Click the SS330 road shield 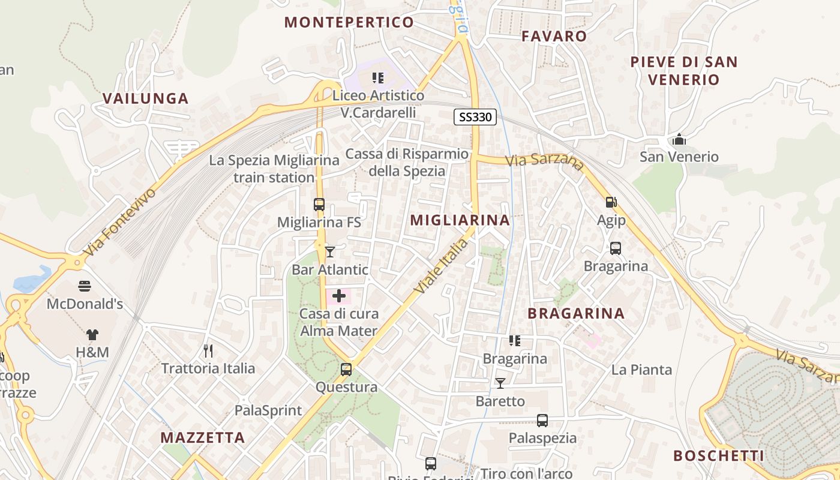point(475,117)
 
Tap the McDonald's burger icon point(85,286)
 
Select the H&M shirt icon point(92,334)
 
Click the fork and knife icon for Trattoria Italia point(208,350)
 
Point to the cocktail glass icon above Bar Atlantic point(329,251)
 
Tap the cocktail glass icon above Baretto point(500,383)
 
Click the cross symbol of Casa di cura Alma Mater point(339,295)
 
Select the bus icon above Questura point(346,369)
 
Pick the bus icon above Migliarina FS point(319,205)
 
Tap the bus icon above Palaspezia point(542,420)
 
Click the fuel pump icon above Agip point(611,203)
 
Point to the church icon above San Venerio point(679,139)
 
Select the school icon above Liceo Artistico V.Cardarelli point(378,77)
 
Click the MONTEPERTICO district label point(349,23)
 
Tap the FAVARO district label point(554,36)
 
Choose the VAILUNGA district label point(145,98)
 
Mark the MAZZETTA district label point(202,437)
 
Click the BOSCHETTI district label point(718,456)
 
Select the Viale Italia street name point(440,266)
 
